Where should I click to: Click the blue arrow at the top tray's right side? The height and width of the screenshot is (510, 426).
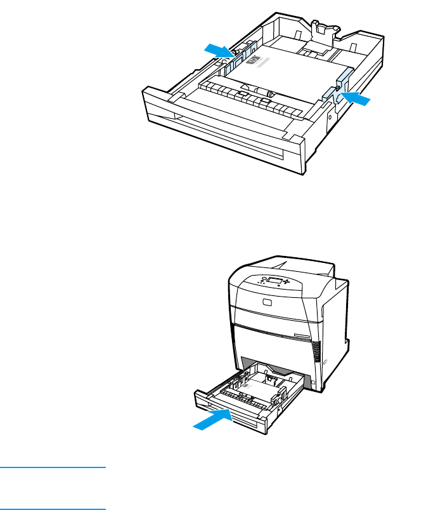click(x=357, y=98)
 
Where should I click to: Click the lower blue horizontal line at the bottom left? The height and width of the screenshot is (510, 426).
click(x=53, y=508)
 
